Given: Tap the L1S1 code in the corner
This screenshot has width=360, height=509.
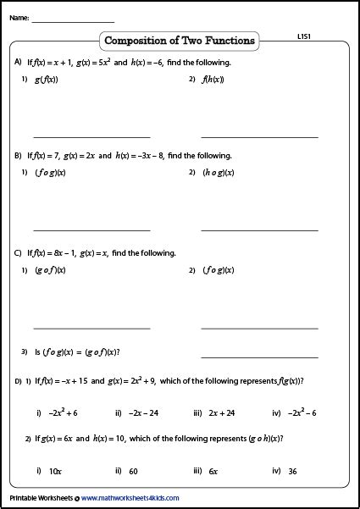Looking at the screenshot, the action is tap(307, 37).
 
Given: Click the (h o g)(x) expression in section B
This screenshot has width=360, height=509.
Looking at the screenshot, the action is tap(218, 173).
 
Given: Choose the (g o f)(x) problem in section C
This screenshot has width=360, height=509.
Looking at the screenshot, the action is tap(50, 270).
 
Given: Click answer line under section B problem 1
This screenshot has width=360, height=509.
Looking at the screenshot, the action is tap(91, 230).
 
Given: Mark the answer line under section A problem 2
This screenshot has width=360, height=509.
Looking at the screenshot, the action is tap(259, 136).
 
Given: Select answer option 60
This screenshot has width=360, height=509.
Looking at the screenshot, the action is tap(134, 471).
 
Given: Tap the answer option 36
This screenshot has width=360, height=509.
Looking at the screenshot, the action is tap(292, 471).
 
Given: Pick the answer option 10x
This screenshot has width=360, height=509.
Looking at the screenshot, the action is tap(56, 471).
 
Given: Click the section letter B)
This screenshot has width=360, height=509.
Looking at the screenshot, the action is tap(18, 156).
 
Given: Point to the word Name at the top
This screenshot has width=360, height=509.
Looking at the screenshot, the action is tap(19, 17).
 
